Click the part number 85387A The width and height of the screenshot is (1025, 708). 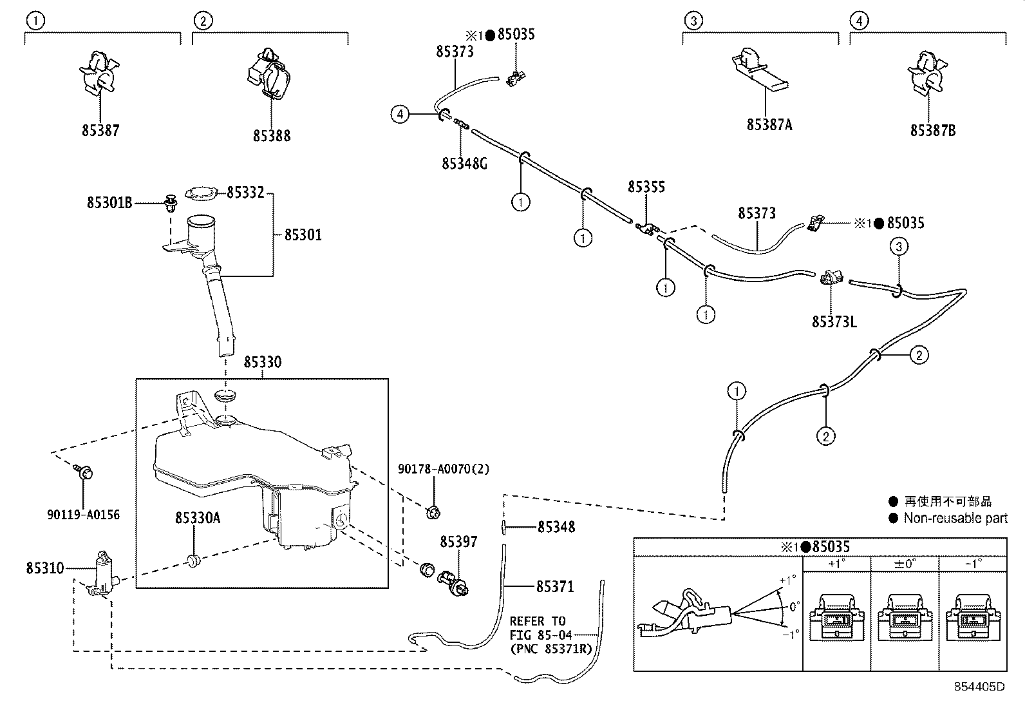(x=769, y=125)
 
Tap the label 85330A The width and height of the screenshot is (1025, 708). (x=198, y=517)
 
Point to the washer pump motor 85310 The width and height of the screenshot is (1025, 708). (x=101, y=572)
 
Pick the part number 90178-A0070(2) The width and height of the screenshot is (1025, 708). (x=444, y=469)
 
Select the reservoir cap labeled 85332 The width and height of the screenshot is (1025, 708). (x=201, y=193)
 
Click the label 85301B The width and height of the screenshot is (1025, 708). (x=109, y=202)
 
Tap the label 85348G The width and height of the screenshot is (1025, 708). (x=464, y=164)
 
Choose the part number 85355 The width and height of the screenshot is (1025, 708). (x=646, y=187)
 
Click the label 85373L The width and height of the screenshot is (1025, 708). (x=834, y=321)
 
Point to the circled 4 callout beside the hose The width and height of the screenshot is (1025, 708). (x=400, y=115)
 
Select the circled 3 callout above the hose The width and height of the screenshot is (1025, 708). (x=899, y=246)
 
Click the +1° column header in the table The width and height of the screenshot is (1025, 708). (x=836, y=564)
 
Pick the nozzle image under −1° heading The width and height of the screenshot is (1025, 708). (x=973, y=618)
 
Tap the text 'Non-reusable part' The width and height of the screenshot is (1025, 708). (x=955, y=518)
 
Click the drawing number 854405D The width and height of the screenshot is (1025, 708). (x=979, y=687)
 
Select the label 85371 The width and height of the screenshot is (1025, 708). (x=555, y=586)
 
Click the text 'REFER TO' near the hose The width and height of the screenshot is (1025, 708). (x=538, y=621)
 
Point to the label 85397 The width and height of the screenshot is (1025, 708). (x=458, y=542)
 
